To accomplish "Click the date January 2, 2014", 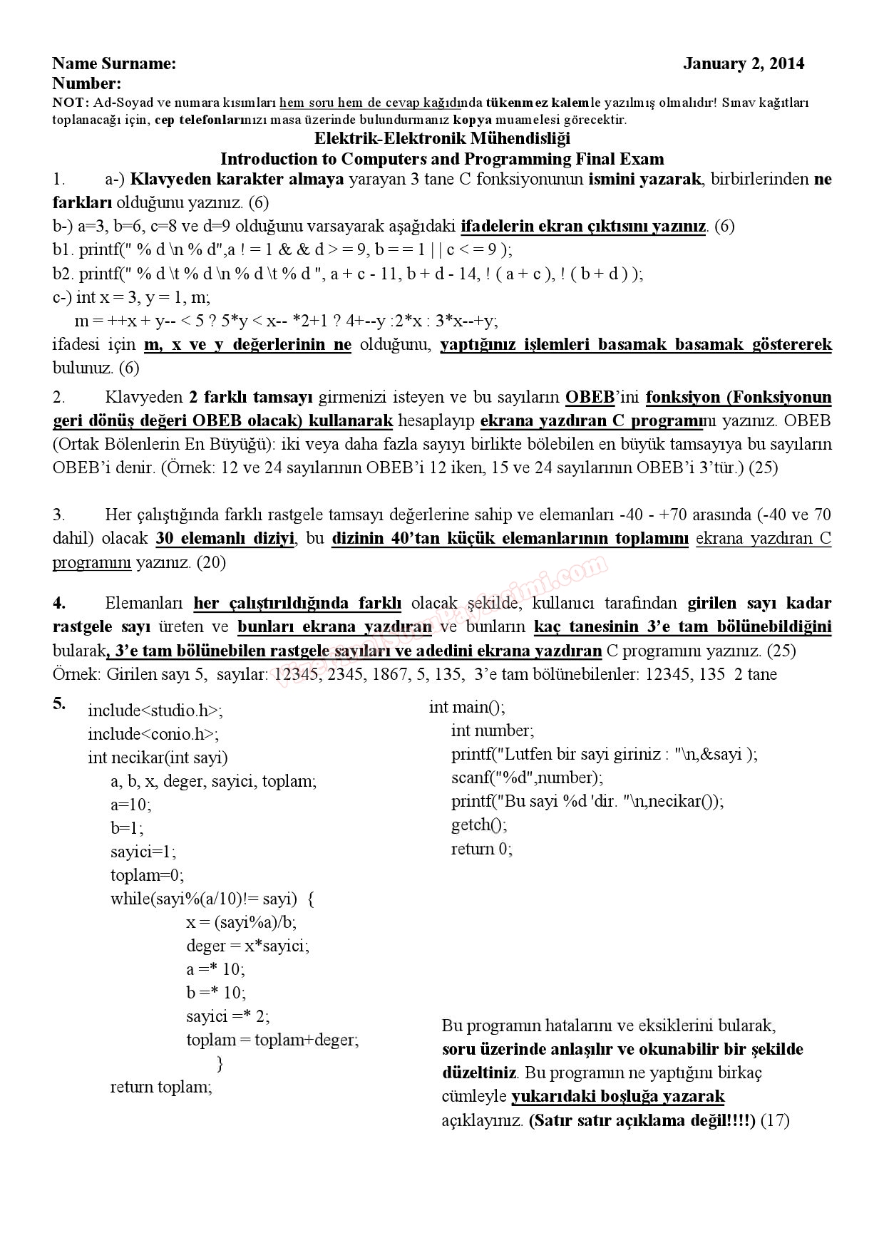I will coord(743,64).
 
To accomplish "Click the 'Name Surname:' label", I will coord(114,64).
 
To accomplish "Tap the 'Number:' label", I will coord(87,83).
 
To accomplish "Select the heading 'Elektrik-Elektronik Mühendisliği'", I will coord(442,138).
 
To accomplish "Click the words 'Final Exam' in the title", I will coord(620,158).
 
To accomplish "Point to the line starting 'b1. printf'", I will coord(282,249).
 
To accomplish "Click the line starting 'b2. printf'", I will coord(348,274).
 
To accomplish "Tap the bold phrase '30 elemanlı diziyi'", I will coord(225,538).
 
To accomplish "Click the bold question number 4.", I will coord(59,603).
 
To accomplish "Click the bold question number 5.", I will coord(59,704).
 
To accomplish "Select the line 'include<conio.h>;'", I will coord(153,734).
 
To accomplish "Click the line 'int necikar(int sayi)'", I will coord(158,758).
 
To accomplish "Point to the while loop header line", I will coord(212,899).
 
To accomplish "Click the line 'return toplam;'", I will coord(161,1087).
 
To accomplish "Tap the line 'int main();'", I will coord(467,707).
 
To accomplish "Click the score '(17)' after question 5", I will coord(776,1120).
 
